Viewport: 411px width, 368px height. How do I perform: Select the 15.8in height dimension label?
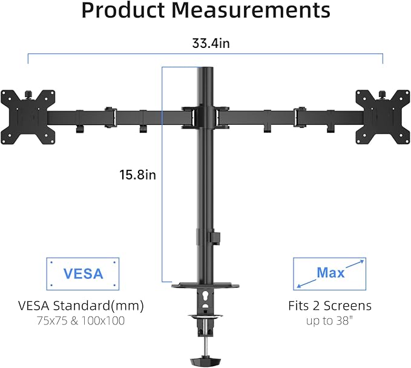click(x=137, y=175)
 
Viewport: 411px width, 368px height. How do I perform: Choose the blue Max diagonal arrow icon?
click(x=330, y=273)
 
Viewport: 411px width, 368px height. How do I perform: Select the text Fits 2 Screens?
click(x=330, y=305)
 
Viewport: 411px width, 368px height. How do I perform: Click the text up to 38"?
click(x=330, y=321)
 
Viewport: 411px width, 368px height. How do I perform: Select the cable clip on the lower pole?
click(x=211, y=236)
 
